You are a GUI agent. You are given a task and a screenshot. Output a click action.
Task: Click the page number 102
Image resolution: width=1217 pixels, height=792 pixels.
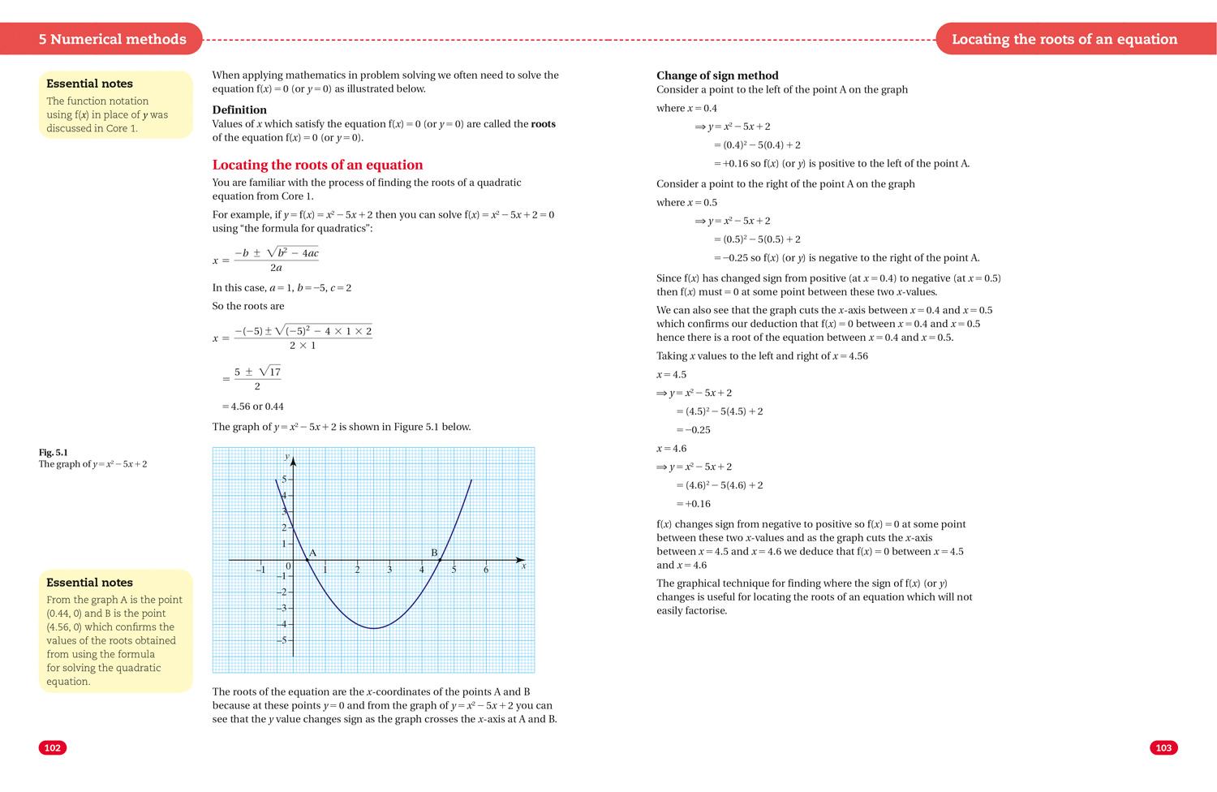coord(53,748)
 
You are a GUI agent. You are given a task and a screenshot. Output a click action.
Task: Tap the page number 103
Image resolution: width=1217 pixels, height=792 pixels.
coord(1163,748)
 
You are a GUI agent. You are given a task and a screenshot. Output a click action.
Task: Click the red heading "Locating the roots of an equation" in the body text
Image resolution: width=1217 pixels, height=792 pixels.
coord(317,165)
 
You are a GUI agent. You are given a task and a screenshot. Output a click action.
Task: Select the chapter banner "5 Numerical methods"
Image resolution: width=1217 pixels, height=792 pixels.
coord(112,39)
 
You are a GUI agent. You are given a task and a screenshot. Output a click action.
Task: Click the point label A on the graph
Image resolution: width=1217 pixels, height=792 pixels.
coord(313,553)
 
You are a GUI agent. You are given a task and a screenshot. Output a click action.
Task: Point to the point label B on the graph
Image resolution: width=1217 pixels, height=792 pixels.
coord(434,553)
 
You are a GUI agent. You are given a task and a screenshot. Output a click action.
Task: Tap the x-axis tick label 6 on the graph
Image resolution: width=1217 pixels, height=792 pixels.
coord(486,570)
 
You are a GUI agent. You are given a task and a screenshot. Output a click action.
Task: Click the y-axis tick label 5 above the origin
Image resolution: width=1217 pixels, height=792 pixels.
coord(284,479)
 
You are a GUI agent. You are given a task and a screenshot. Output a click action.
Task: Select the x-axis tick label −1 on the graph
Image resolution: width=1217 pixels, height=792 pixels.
coord(260,570)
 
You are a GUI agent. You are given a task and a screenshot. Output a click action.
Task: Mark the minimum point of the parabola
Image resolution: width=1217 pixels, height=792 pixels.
coord(373,628)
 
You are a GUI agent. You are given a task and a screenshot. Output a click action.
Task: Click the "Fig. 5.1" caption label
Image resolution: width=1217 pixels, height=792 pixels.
coord(54,452)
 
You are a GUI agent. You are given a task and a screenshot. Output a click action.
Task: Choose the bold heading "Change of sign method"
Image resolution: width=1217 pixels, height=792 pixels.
coord(717,75)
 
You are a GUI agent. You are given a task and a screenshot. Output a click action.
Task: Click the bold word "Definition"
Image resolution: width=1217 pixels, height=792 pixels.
coord(239,110)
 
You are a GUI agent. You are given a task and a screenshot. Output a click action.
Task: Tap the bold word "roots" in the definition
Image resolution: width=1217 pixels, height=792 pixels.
coord(543,124)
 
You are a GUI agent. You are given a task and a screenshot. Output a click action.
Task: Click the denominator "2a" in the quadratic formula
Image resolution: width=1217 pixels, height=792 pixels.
coord(276,268)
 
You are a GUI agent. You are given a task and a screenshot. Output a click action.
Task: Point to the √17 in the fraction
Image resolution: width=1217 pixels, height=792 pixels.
coord(270,372)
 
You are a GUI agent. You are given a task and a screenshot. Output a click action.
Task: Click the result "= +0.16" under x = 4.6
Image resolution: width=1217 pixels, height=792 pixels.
coord(693,504)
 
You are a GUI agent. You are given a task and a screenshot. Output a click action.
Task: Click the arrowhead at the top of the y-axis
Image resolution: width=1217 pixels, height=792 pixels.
coord(293,460)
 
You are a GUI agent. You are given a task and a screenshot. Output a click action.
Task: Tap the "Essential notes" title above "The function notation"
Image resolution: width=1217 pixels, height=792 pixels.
coord(89,84)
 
